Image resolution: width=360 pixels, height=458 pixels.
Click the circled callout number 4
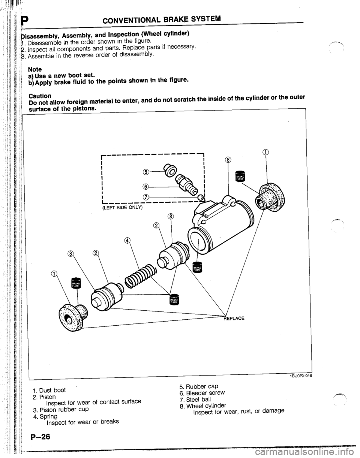pyautogui.click(x=127, y=240)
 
